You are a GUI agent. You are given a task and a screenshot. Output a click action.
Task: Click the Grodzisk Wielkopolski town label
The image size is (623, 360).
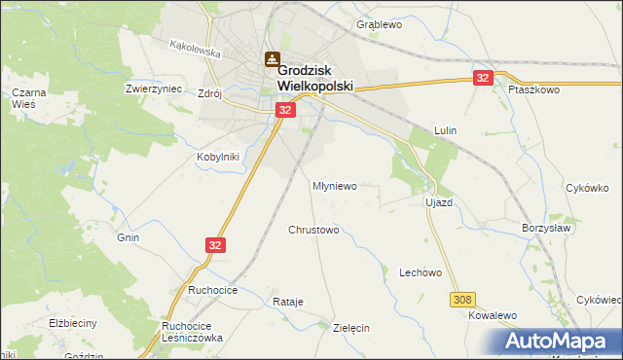(312, 78)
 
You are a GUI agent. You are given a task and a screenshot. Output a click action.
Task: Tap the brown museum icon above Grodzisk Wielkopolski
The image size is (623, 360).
(272, 59)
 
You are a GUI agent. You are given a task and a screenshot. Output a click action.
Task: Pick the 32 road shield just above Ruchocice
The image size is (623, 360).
(217, 246)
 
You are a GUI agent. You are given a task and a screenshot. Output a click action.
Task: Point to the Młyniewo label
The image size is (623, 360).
(335, 185)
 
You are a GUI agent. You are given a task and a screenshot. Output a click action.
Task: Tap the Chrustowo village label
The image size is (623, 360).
(313, 231)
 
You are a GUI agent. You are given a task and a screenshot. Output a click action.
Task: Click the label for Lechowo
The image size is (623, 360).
(421, 273)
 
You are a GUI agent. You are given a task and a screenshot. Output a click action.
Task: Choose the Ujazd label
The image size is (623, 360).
(439, 202)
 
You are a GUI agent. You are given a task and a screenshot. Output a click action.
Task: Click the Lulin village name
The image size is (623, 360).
(446, 129)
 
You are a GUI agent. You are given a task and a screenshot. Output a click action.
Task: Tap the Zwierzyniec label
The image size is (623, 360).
(155, 88)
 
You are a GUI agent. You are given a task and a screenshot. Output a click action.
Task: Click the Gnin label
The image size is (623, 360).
(128, 237)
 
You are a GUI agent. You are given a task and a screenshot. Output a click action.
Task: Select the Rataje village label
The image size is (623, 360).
(288, 302)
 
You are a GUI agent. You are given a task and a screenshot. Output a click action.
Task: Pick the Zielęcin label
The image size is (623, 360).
(351, 329)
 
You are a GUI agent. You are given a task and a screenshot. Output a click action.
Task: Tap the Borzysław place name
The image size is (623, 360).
(545, 226)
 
